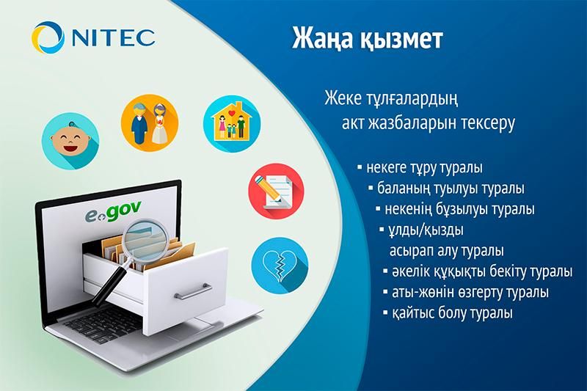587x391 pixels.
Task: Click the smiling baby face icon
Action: coord(72,136)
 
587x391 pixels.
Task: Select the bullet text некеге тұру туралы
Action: coord(423,168)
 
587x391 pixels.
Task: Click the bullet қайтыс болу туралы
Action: coord(451,313)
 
